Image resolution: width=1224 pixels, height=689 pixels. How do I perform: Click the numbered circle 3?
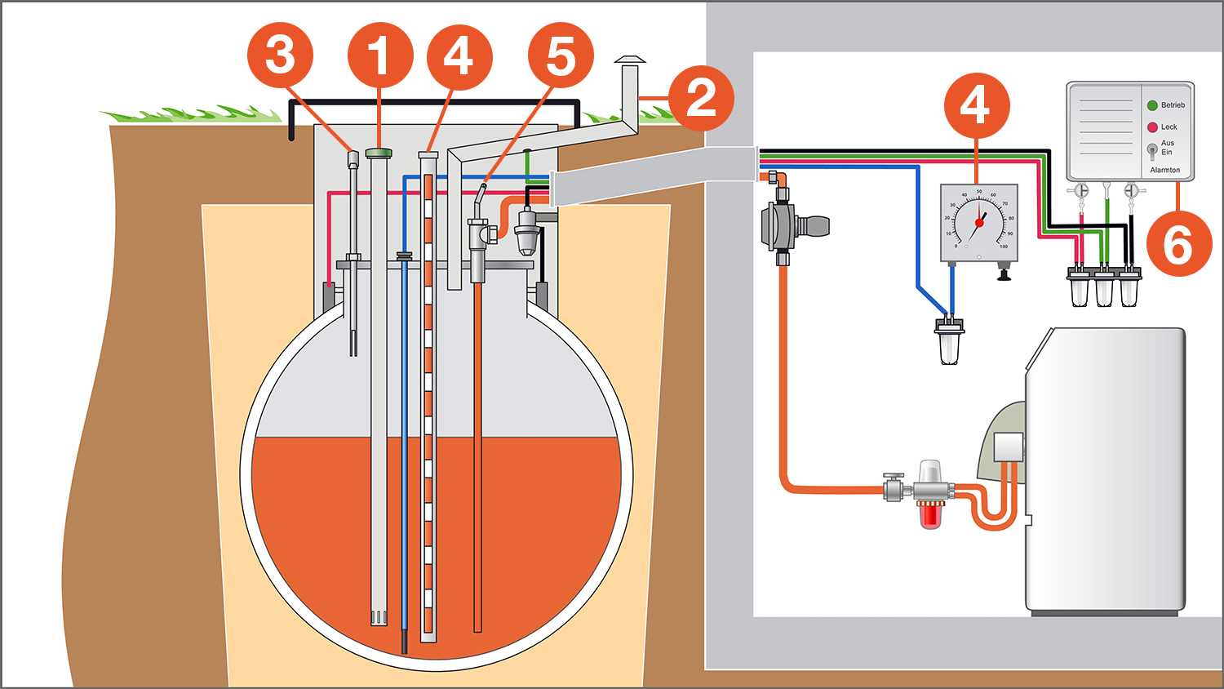[280, 56]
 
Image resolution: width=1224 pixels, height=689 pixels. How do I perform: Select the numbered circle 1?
[380, 56]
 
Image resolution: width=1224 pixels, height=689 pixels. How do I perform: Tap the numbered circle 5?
[561, 56]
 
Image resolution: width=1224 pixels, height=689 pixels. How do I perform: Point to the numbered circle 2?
[701, 99]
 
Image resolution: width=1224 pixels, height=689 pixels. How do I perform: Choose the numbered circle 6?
[1178, 243]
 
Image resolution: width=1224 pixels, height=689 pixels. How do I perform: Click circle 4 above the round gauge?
[976, 106]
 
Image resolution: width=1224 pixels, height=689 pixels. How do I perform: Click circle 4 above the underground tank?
[459, 56]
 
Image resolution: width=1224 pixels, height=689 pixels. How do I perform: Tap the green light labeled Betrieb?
[1152, 105]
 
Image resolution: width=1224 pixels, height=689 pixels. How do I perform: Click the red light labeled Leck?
[1152, 127]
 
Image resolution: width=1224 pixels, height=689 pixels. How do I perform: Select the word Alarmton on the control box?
[1164, 170]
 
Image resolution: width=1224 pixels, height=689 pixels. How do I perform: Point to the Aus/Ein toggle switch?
[1151, 150]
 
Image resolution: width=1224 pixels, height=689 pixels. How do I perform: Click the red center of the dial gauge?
[979, 223]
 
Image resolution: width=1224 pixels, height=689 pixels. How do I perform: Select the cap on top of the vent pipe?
[629, 60]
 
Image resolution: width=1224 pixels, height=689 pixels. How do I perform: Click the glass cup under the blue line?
[949, 344]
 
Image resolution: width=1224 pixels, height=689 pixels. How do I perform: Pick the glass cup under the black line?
[1129, 290]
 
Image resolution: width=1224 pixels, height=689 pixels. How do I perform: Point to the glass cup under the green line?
[1104, 290]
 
